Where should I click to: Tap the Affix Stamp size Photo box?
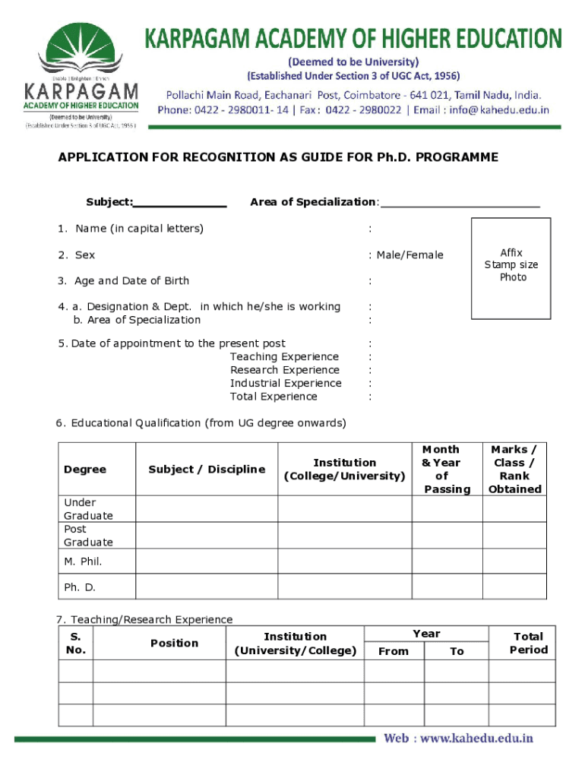click(511, 267)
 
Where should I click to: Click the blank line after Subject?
click(180, 203)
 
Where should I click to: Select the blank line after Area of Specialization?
click(460, 203)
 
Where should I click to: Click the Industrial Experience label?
click(286, 384)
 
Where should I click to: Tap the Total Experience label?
click(274, 397)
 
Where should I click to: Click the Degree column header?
click(85, 470)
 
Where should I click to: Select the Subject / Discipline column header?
click(207, 470)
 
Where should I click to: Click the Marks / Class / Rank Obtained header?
click(514, 470)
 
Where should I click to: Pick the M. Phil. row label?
click(83, 561)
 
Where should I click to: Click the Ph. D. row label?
click(80, 587)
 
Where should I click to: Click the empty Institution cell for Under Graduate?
click(344, 509)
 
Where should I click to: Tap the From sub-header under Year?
click(394, 651)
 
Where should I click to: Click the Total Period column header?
click(528, 644)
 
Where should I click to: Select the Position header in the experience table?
click(174, 644)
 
